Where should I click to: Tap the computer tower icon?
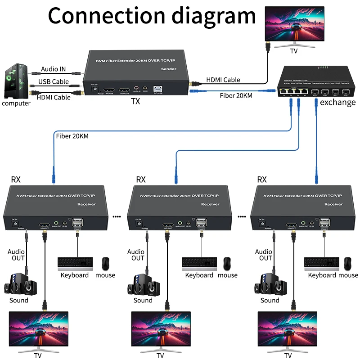[16, 81]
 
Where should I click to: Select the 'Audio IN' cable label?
[53, 69]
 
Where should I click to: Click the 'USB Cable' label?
[54, 81]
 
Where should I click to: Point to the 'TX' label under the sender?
[135, 101]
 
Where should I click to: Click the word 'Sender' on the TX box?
[169, 69]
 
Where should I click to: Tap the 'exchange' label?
[337, 102]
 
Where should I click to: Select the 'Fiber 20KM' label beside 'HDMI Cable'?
[236, 95]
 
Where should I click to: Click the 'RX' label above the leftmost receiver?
[16, 180]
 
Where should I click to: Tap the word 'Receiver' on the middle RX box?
[210, 204]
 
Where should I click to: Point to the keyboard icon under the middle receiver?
[199, 263]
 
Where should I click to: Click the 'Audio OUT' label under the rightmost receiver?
[264, 255]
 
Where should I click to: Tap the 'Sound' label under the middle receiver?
[143, 300]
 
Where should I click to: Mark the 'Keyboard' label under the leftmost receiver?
[75, 275]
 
